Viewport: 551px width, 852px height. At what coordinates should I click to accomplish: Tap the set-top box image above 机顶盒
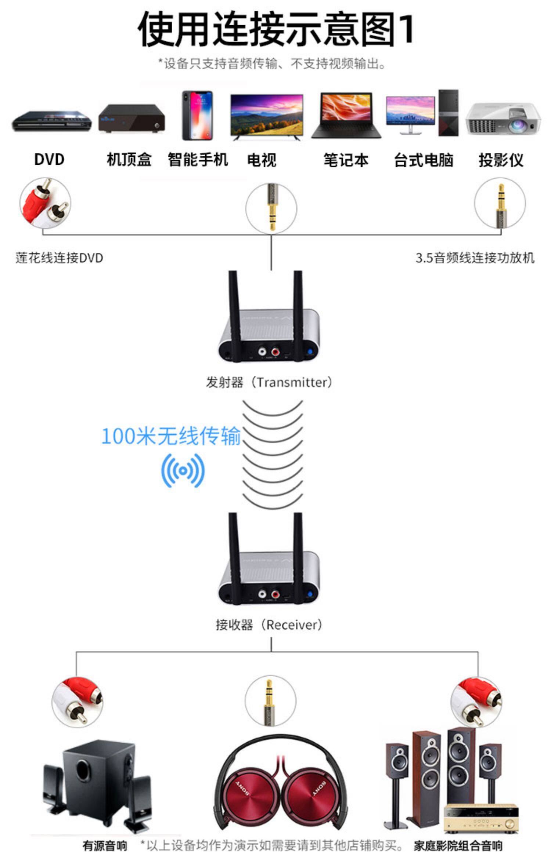click(131, 119)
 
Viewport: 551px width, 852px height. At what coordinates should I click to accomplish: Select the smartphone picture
click(198, 115)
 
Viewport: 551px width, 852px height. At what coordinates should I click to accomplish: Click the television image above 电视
click(267, 116)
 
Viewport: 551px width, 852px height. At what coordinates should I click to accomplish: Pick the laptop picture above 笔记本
click(346, 115)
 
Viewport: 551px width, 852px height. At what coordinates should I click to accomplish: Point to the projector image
click(503, 119)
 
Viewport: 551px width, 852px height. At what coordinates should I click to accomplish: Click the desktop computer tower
click(448, 113)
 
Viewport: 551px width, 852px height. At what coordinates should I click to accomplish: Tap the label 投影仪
click(501, 160)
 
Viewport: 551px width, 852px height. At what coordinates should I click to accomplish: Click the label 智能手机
click(198, 160)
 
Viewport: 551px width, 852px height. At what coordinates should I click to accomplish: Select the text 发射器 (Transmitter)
click(269, 382)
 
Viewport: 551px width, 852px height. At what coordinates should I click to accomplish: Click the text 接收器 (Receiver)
click(269, 625)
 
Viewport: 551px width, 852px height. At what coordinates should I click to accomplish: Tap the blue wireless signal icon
click(183, 471)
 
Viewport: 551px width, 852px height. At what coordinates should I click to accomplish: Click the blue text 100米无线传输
click(171, 436)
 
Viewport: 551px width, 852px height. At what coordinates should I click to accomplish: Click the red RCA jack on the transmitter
click(275, 352)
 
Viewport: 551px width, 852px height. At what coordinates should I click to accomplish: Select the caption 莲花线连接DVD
click(59, 258)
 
